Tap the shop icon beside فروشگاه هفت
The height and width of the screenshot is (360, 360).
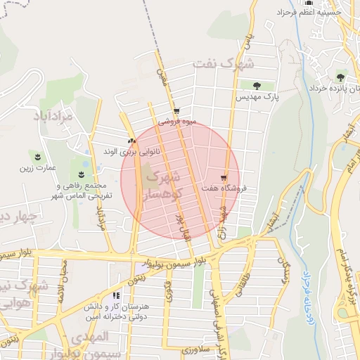coord(224,177)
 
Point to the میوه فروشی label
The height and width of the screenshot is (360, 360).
coord(176,121)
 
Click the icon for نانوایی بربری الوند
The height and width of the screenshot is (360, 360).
coord(131,140)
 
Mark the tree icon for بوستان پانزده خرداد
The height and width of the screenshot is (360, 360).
coord(340,77)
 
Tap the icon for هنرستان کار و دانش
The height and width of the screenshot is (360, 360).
coord(115,296)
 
